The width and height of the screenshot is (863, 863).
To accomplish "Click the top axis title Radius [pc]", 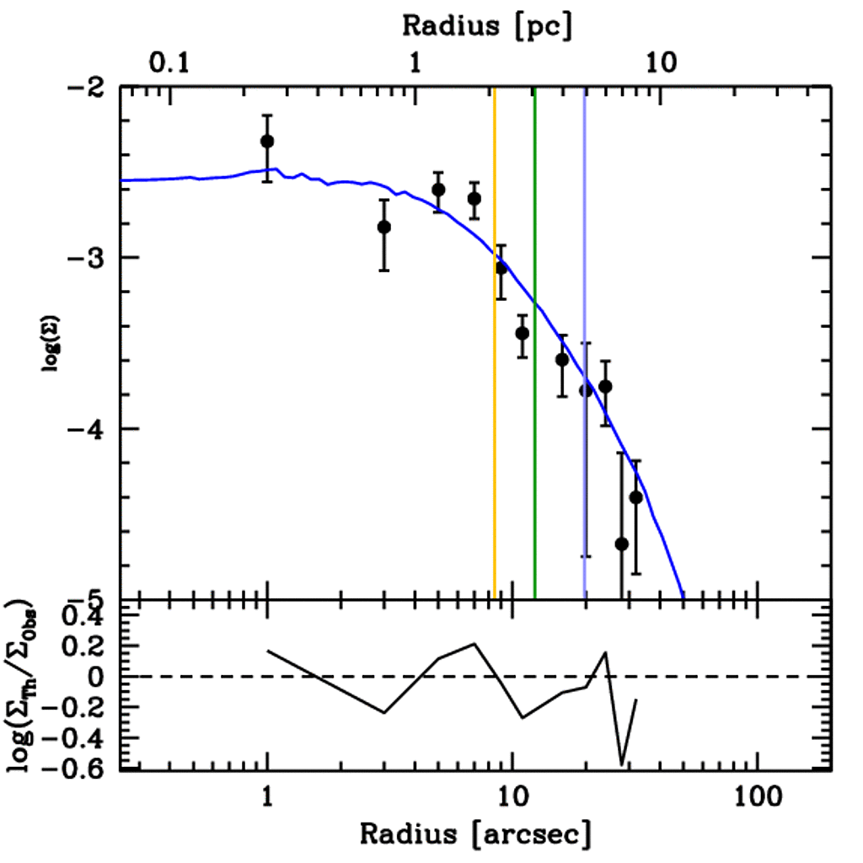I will click(x=487, y=25).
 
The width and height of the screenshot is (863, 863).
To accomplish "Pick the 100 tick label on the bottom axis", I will click(x=757, y=796).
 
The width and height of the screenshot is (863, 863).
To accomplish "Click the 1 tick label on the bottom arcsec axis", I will click(x=267, y=796).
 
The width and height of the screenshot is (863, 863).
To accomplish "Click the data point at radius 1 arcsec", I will click(x=267, y=141).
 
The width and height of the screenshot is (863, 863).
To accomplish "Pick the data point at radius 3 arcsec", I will click(x=383, y=227).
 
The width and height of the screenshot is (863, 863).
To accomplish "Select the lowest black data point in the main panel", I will click(x=622, y=544).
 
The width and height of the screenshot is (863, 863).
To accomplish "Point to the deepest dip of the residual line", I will click(x=622, y=764).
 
